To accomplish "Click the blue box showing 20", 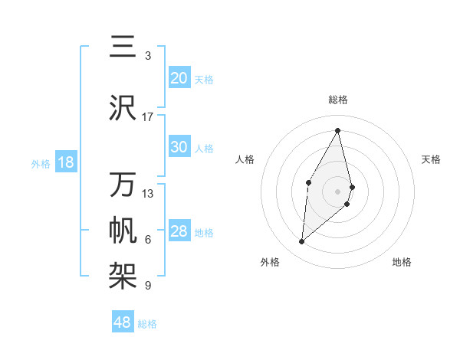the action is coord(179,78).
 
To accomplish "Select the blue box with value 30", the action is coord(179,147).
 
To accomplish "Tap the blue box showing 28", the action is coord(179,231).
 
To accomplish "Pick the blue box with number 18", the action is coord(65,162).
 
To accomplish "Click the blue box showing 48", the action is coord(123,322).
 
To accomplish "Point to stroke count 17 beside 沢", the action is coord(148,116).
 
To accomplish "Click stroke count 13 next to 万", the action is coord(148,193).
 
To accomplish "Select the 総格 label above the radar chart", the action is coord(338,100).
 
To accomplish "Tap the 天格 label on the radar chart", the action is coord(431,159).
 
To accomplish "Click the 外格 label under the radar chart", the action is coord(270,262).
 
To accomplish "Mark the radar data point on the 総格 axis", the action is coord(338,130).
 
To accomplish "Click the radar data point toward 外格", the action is coord(302,242).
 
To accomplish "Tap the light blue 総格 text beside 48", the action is coord(147,324).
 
